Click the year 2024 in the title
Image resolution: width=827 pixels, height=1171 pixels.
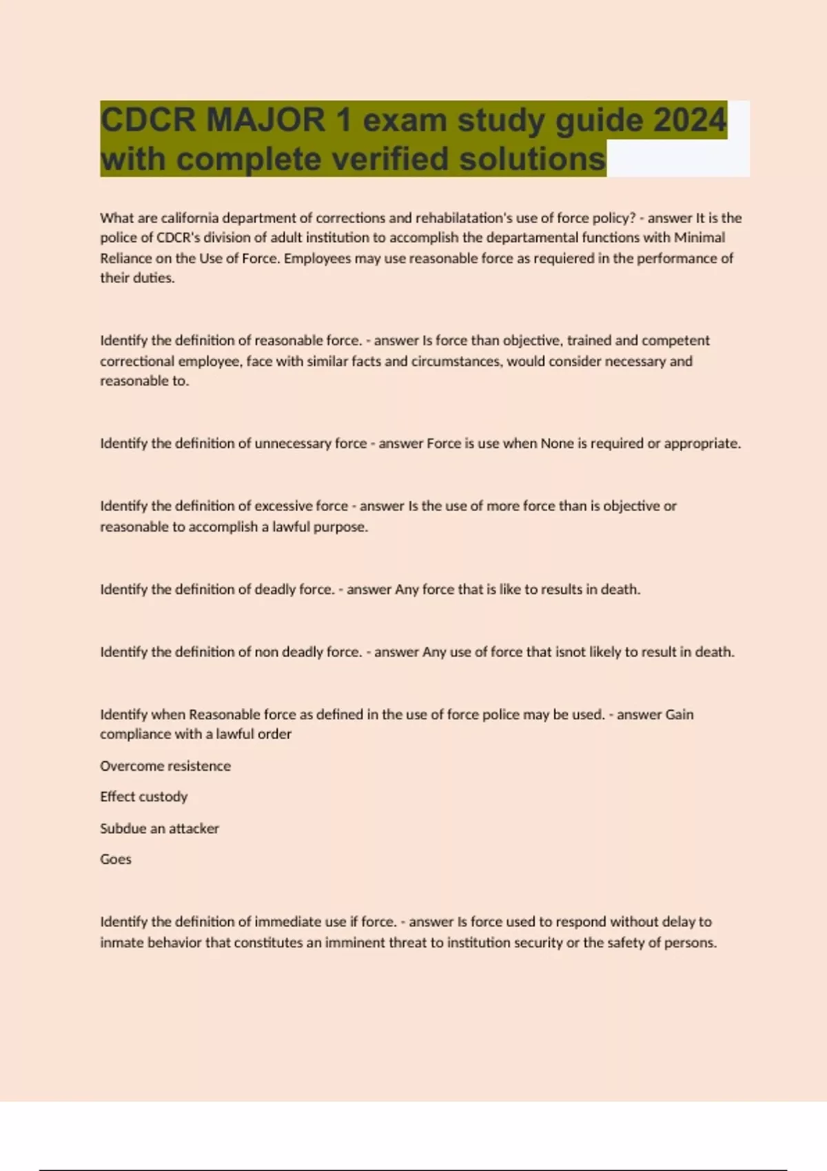click(690, 120)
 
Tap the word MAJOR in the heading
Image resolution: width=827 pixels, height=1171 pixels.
click(265, 120)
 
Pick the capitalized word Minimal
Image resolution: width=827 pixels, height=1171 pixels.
click(700, 238)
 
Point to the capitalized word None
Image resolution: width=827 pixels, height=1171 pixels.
click(557, 444)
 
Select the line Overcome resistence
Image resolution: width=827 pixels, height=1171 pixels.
click(165, 766)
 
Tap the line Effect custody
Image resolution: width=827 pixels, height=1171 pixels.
click(143, 797)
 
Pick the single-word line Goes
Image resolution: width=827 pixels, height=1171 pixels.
click(116, 860)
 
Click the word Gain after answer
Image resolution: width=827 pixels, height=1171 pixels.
click(680, 714)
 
